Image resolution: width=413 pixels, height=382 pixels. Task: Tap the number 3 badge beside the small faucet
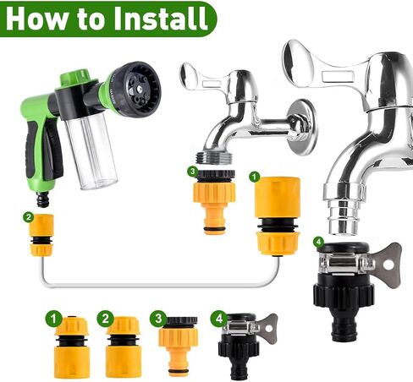194,172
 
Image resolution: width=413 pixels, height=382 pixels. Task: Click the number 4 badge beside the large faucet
317,242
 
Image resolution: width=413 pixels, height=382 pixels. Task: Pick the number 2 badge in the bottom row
106,319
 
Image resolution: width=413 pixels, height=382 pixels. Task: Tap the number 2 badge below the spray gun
30,218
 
